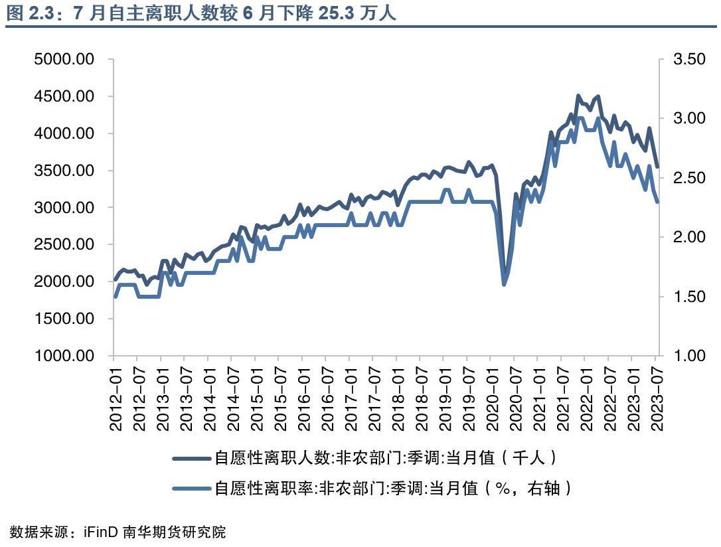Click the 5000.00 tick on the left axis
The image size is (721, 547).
click(x=64, y=60)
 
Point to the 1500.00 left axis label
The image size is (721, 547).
click(x=64, y=319)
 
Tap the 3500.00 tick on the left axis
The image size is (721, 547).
click(x=64, y=171)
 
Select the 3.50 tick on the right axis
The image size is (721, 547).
click(x=689, y=60)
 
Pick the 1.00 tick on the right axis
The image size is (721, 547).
click(x=689, y=356)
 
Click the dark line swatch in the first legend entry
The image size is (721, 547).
click(x=191, y=458)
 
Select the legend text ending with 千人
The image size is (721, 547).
click(x=385, y=458)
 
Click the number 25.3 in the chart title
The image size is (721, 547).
click(x=337, y=13)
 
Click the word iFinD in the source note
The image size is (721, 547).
click(x=100, y=532)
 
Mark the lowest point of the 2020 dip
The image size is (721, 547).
click(x=504, y=283)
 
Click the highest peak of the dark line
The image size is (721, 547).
click(x=578, y=96)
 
